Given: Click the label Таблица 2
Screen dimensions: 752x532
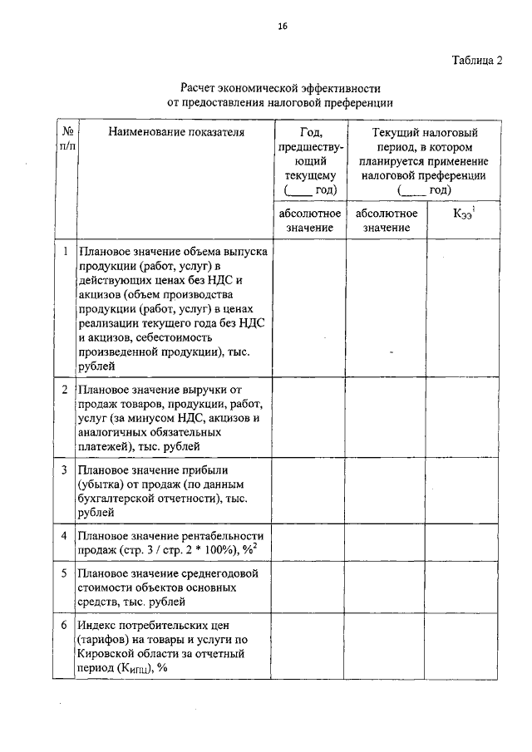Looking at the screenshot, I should [x=477, y=61].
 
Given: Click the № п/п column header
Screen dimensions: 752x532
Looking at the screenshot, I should [x=64, y=139].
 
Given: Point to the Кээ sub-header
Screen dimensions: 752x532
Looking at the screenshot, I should [x=464, y=214].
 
